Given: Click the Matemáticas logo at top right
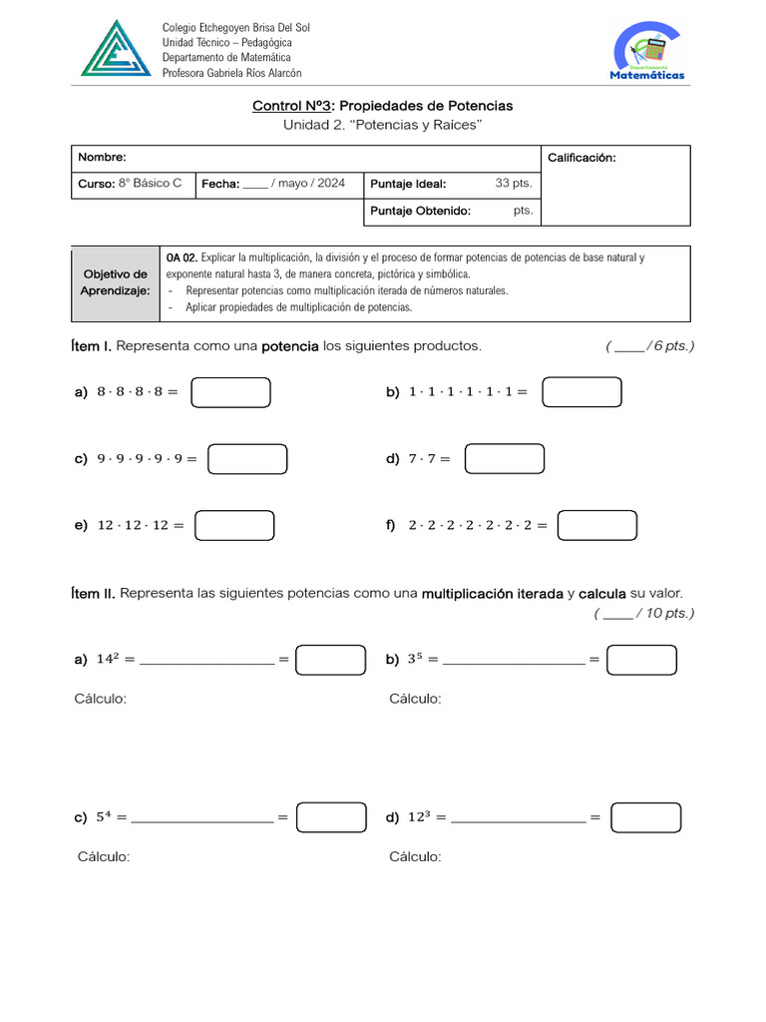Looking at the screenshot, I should (647, 53).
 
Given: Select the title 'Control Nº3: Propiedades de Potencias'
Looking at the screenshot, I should (382, 106).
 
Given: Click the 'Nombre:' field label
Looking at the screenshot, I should (103, 158).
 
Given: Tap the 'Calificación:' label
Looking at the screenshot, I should (581, 158).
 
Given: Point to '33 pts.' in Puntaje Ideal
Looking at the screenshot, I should (514, 184).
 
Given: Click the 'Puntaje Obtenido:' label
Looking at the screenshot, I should (420, 211).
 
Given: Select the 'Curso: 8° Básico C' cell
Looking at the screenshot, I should (131, 184).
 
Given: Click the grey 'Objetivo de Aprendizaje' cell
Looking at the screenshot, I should (115, 282).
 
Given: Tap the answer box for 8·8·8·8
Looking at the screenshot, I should (230, 392).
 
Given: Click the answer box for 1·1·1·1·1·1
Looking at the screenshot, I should (581, 392).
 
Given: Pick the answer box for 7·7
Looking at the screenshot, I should (505, 459).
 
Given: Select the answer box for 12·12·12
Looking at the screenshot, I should (234, 525).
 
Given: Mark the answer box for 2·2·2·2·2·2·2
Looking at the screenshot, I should (596, 525).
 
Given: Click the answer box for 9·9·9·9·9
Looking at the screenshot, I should (247, 459).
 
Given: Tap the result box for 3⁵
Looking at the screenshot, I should (641, 660).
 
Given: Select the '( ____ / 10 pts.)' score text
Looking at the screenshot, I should (643, 614).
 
